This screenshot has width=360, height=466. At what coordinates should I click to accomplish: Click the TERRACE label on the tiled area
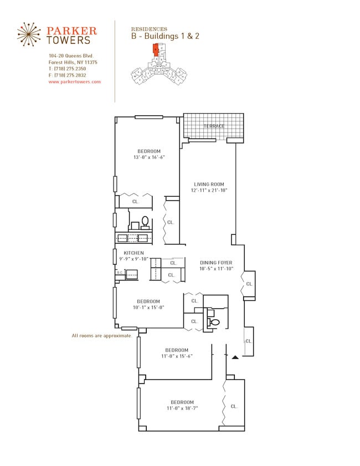pos(214,126)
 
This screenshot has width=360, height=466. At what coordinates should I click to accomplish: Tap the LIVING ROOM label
pos(209,184)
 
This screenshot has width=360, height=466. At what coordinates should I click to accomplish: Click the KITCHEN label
pos(133,253)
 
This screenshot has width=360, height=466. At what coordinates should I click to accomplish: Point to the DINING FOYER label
pos(216,263)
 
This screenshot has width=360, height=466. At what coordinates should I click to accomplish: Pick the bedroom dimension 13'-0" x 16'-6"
pos(149,157)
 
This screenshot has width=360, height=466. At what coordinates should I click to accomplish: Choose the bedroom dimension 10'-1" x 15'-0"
pos(148,308)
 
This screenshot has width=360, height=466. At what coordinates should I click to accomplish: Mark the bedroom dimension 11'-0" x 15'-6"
pos(176,356)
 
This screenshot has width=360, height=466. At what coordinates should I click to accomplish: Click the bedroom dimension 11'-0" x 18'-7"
pos(182,408)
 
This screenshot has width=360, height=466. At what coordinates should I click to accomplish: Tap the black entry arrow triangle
pos(235,357)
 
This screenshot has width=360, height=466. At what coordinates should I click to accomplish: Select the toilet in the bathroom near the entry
pos(214,322)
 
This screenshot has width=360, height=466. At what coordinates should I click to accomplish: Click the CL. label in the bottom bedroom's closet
pos(234,406)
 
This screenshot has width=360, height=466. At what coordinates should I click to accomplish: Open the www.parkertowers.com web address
pos(75,81)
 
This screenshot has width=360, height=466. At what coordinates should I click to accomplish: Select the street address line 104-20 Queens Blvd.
pos(71,56)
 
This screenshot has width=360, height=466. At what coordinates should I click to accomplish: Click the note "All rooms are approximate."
pos(102,336)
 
